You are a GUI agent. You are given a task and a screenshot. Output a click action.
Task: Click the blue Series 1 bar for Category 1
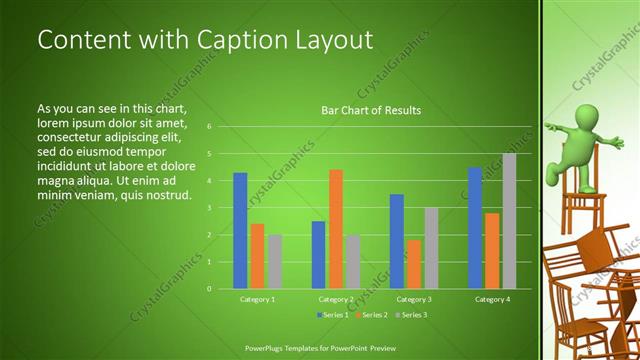[x=240, y=230]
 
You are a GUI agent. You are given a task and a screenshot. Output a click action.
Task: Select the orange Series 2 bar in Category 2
[x=336, y=229]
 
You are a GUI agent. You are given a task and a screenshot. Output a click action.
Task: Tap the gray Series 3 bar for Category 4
[x=509, y=220]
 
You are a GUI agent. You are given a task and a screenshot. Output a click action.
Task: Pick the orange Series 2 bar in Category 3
[x=414, y=264]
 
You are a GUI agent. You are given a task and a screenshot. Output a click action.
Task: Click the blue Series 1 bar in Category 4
[x=475, y=227]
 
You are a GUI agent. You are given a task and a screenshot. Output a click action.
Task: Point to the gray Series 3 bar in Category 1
[x=275, y=261]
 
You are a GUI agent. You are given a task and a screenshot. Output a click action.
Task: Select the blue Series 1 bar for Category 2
[x=318, y=254]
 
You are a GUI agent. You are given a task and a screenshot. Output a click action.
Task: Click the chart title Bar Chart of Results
[x=370, y=110]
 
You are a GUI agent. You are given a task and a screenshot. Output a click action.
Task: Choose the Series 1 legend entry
[x=333, y=315]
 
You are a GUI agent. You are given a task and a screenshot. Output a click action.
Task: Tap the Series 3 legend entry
[x=413, y=315]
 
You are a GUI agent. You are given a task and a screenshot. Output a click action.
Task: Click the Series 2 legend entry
[x=373, y=315]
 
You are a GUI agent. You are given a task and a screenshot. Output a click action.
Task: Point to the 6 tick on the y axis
[x=209, y=127]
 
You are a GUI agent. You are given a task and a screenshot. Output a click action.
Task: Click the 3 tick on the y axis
[x=209, y=207]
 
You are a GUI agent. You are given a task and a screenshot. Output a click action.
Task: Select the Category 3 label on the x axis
[x=414, y=299]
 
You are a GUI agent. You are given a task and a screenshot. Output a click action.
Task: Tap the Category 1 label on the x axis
[x=258, y=299]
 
